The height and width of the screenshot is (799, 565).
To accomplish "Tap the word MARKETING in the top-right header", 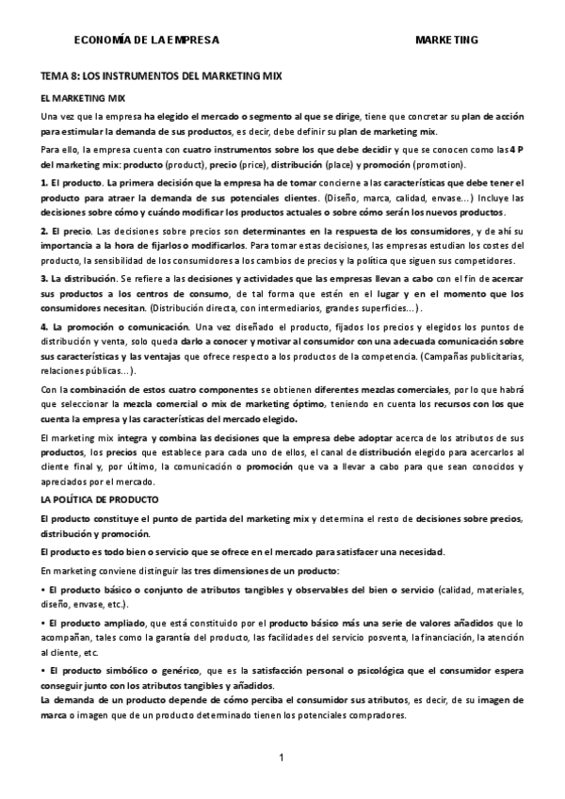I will pyautogui.click(x=446, y=41).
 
